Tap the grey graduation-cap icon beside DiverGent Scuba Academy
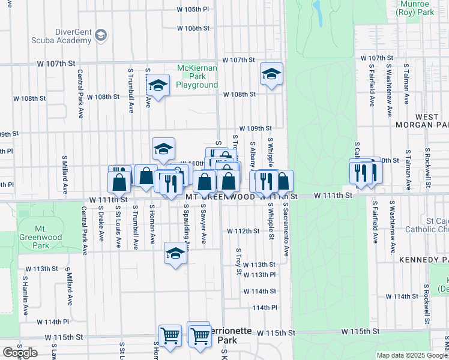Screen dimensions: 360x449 tap(101, 35)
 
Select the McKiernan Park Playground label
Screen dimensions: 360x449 tap(197, 76)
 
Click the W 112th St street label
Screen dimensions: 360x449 tap(243, 231)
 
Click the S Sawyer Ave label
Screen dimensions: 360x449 tap(203, 223)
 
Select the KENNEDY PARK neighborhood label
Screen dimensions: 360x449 tap(424, 260)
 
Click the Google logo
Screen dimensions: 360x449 tap(20, 353)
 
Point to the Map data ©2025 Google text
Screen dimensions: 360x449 tap(412, 355)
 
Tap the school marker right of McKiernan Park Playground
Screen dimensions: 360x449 tap(271, 75)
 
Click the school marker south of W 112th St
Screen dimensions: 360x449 tap(176, 253)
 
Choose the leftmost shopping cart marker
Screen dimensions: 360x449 tap(170, 336)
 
